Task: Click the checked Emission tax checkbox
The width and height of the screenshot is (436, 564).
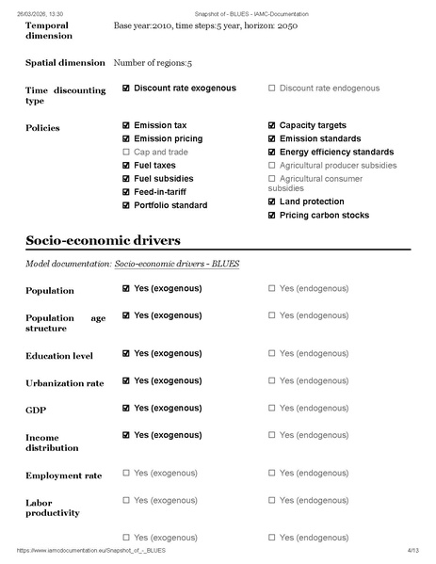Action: point(126,125)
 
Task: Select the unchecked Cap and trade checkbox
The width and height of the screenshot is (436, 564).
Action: point(126,152)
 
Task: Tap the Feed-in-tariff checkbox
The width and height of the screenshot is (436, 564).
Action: point(126,191)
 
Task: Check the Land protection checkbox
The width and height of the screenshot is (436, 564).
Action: point(272,201)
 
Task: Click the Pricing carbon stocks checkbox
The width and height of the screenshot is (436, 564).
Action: point(272,215)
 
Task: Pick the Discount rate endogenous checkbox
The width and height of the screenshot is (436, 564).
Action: point(272,89)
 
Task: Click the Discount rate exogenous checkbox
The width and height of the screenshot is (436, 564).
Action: point(126,89)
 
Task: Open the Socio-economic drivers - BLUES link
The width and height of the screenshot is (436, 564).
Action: point(176,264)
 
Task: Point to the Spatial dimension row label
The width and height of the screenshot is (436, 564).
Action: point(64,63)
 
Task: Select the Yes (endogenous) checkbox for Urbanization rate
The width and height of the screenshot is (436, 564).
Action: point(272,380)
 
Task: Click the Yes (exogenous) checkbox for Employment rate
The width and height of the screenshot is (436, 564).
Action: point(126,473)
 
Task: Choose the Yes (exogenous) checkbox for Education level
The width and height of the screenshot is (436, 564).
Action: point(126,353)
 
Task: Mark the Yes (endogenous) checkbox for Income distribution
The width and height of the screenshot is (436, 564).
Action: point(272,435)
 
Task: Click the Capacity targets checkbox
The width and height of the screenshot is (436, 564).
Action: point(272,125)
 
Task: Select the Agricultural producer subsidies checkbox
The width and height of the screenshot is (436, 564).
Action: point(272,165)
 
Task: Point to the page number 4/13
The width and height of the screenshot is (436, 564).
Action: point(412,549)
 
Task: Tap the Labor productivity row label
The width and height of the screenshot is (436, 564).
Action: point(53,508)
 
